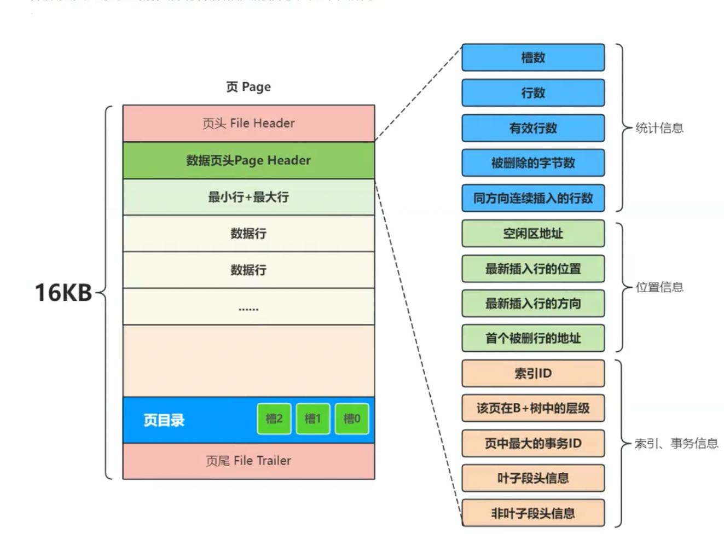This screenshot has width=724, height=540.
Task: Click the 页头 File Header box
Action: (248, 124)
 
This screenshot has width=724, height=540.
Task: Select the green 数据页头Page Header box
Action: (248, 160)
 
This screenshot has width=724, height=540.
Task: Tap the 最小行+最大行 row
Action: (248, 197)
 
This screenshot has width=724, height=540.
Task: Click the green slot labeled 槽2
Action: (274, 419)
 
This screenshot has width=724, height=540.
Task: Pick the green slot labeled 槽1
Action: (313, 419)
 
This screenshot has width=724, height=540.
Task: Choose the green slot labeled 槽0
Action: (352, 419)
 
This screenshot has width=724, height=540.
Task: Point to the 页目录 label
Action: (164, 420)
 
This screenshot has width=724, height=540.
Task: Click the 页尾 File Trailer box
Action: (248, 461)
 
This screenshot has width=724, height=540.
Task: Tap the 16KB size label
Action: (63, 293)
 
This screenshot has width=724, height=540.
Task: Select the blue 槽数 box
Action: (533, 57)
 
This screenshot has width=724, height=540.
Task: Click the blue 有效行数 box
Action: (533, 128)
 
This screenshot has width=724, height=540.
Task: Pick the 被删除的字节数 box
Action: (533, 163)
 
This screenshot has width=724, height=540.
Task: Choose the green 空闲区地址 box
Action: (533, 234)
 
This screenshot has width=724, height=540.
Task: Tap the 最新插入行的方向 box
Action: (533, 304)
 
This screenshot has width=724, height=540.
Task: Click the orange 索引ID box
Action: (533, 374)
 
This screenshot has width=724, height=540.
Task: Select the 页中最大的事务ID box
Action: (533, 443)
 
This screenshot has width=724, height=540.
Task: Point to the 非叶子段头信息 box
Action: (533, 513)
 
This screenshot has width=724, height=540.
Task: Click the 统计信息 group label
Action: (659, 128)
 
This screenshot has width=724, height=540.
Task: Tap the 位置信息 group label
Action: (659, 287)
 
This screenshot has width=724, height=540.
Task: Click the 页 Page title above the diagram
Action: (248, 87)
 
